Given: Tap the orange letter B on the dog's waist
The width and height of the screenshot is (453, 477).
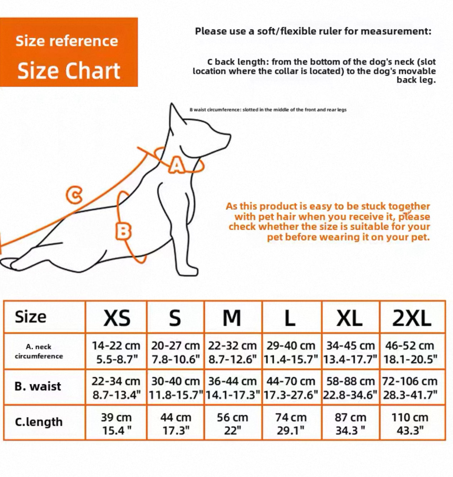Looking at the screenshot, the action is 124,231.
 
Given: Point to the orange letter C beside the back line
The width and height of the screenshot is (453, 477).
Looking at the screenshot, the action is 74,194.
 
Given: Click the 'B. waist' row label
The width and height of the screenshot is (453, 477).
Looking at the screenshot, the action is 38,386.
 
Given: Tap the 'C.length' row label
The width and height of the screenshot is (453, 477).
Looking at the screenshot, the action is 39,422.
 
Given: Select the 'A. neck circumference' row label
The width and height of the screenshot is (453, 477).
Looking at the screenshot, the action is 39,351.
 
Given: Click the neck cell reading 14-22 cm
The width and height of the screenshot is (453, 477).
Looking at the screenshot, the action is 116,352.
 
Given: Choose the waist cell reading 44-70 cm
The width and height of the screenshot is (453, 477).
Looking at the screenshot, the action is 291,388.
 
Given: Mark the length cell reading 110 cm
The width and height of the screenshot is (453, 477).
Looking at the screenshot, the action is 410,424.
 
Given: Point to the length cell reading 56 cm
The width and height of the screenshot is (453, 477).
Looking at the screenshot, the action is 232,424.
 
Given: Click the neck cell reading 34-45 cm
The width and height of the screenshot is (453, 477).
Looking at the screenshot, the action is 350,352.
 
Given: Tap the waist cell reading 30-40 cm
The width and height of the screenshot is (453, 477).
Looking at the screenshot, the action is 176,388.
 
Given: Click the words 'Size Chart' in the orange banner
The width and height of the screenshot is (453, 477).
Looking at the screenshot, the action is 69,70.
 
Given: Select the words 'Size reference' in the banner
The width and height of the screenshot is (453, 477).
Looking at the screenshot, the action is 67,41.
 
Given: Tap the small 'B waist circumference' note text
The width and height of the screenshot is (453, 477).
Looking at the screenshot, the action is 268,109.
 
